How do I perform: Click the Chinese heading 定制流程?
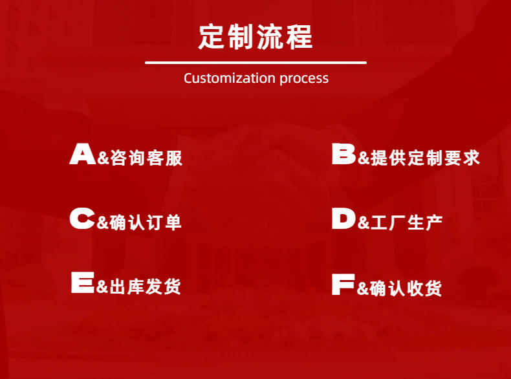[255, 37]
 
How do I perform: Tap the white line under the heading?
[256, 63]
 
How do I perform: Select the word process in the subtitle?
[304, 79]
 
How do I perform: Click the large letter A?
[83, 153]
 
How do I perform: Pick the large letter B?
[344, 153]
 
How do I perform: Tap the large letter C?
[82, 218]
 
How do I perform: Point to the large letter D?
[344, 218]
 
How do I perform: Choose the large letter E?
[83, 282]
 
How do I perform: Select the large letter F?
[343, 285]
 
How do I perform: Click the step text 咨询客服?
[146, 158]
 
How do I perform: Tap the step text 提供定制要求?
[425, 158]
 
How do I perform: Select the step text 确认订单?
[146, 222]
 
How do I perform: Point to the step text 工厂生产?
[406, 222]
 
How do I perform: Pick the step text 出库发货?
[145, 287]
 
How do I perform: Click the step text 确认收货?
[406, 288]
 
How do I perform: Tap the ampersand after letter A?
[103, 158]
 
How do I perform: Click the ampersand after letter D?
[364, 223]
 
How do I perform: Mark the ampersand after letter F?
[363, 288]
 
